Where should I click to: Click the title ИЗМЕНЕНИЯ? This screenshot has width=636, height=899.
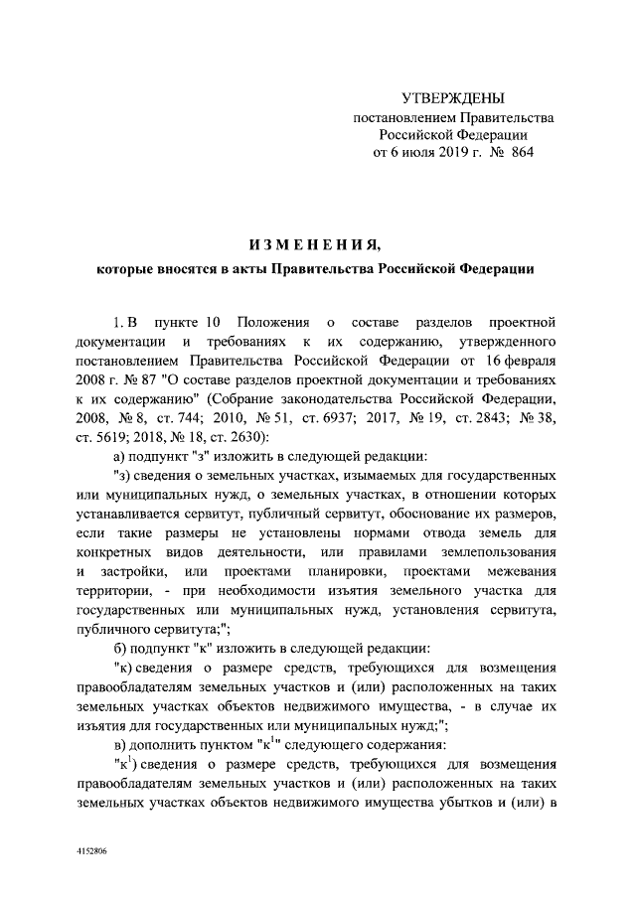tap(314, 244)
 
